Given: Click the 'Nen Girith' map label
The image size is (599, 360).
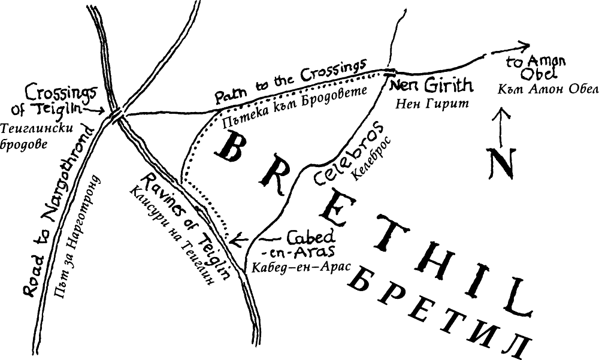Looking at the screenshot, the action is (x=431, y=86).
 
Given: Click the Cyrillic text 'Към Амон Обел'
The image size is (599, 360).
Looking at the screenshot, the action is (x=540, y=89).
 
